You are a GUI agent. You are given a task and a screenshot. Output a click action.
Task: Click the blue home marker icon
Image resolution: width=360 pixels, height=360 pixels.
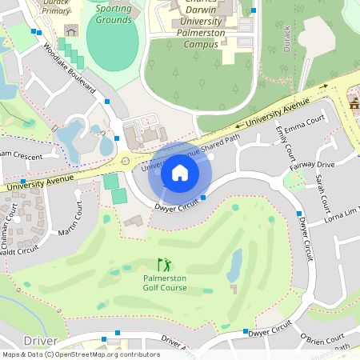(179, 172)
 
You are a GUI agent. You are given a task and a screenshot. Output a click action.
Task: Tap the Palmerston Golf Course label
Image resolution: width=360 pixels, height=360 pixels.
(165, 282)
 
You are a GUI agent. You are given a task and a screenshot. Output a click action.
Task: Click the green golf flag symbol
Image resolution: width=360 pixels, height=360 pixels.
(164, 264)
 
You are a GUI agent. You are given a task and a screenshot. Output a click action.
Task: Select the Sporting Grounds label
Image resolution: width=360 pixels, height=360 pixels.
(113, 14)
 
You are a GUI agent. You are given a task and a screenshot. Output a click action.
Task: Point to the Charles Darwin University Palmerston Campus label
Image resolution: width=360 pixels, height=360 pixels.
(190, 24)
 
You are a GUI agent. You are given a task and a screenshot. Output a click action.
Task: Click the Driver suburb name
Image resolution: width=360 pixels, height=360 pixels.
(40, 341)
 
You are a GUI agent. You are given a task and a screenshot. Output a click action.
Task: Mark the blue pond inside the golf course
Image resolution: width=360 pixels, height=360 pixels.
(235, 261)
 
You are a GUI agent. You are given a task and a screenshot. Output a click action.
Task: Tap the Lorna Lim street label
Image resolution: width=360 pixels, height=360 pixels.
(341, 214)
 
